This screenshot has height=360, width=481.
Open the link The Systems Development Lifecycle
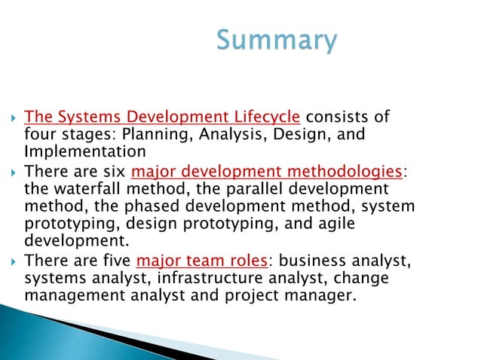pos(163,117)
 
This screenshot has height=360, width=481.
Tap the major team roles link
pos(202,262)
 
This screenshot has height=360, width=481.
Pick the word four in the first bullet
pos(39,134)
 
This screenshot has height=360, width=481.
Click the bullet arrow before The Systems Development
pos(13,118)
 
